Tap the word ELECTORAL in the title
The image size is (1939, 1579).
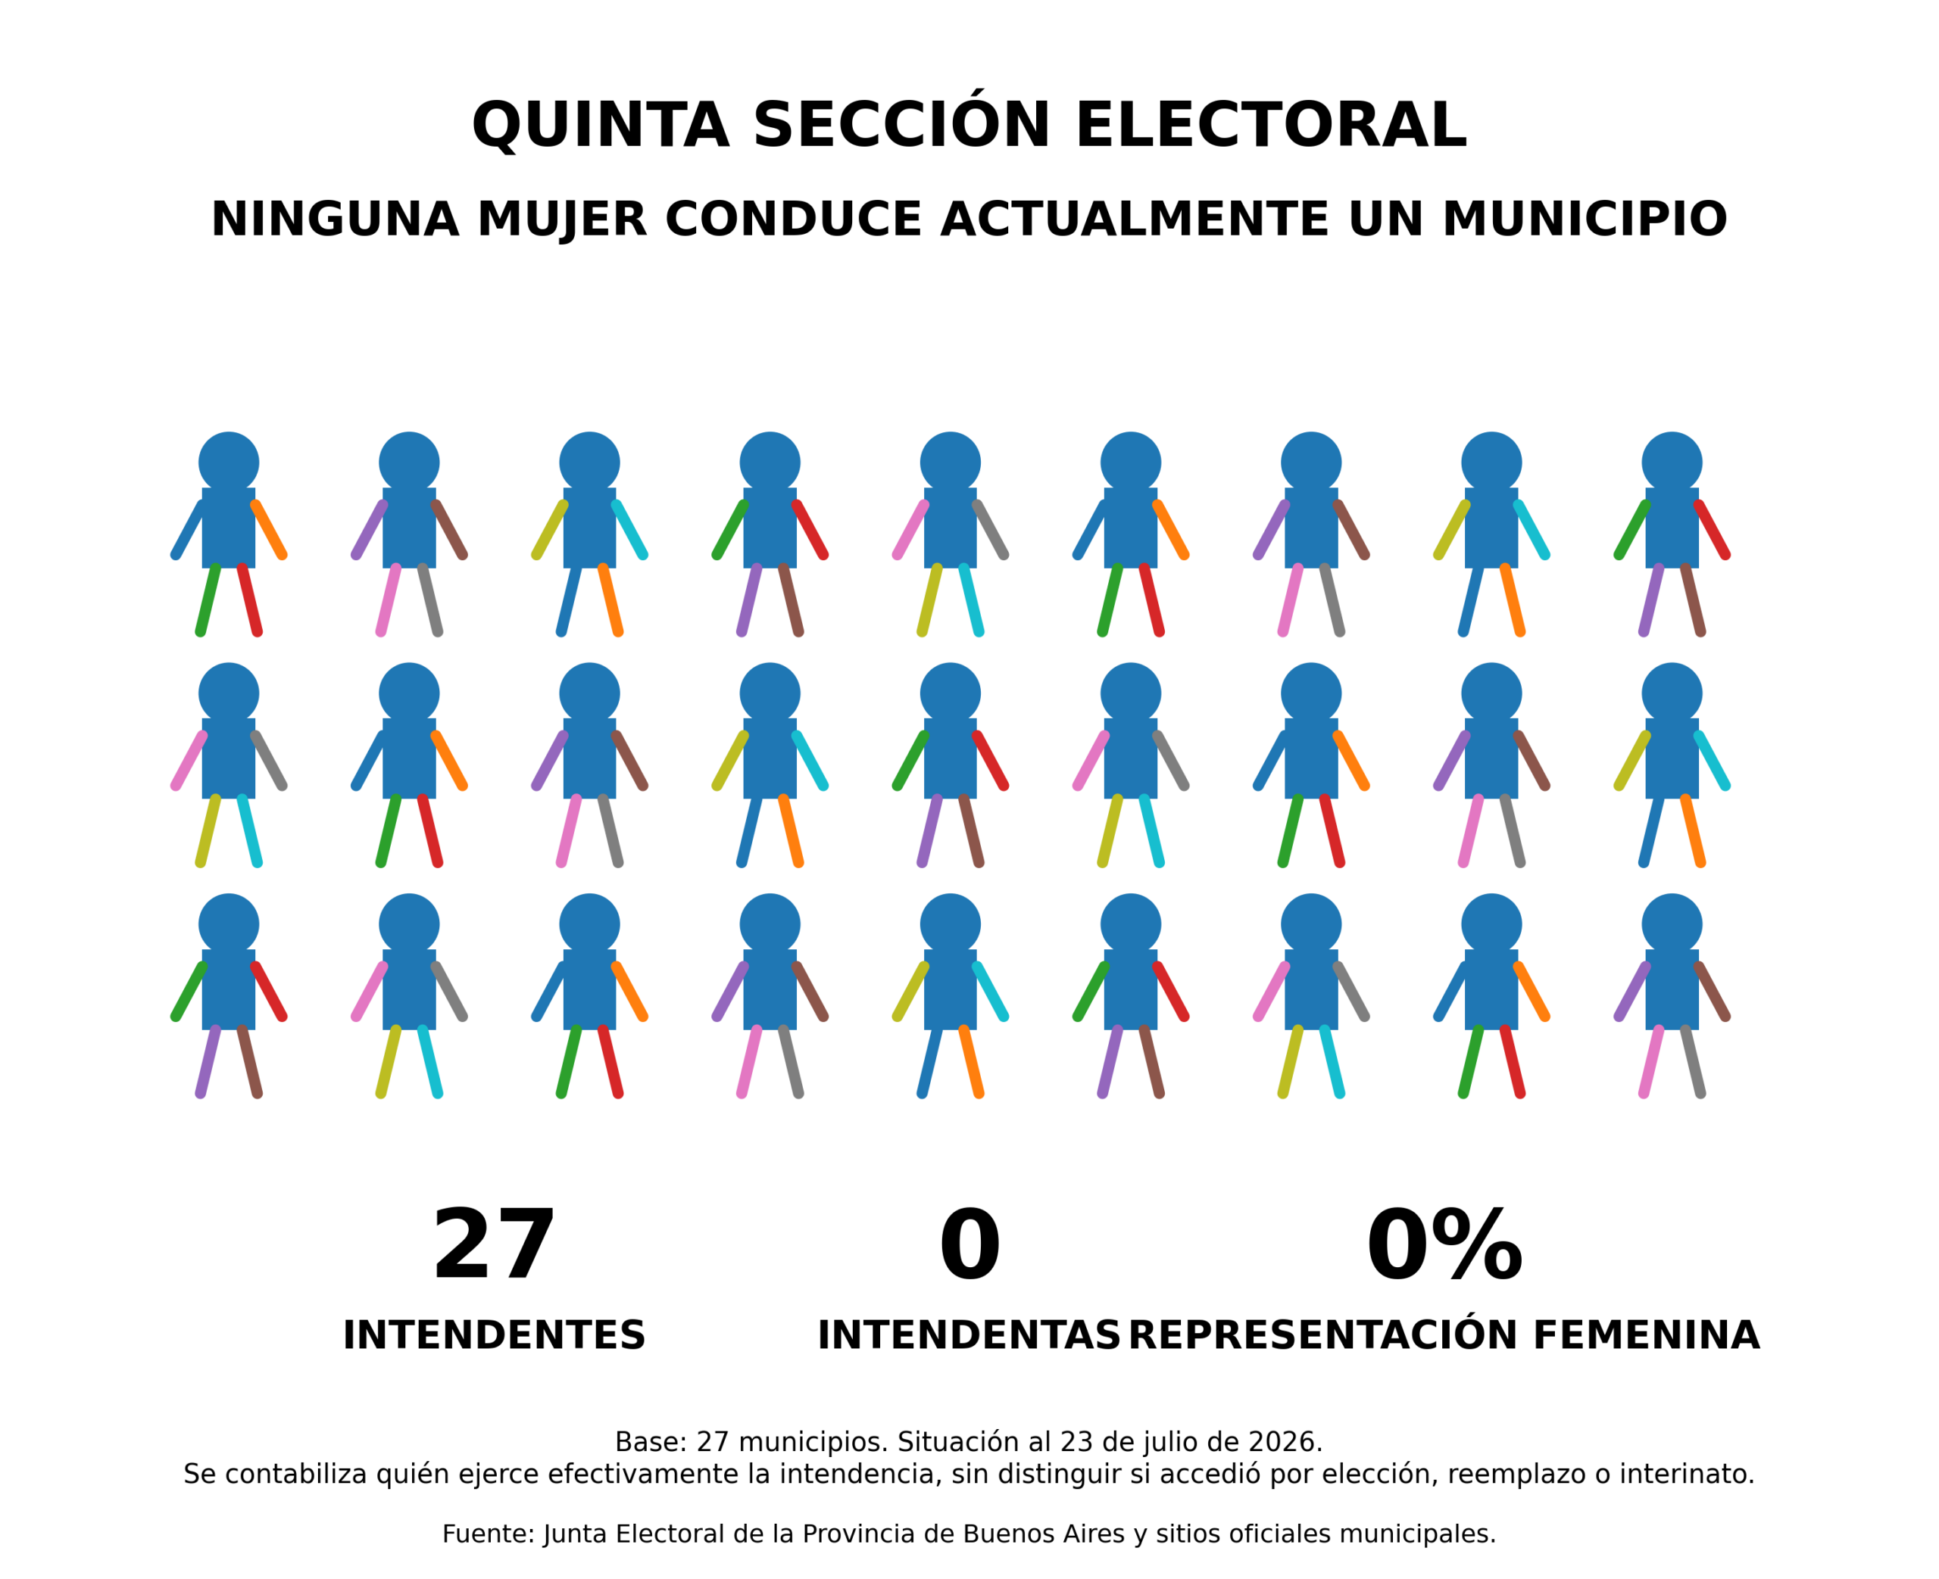[1270, 125]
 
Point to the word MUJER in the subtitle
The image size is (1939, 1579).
[561, 220]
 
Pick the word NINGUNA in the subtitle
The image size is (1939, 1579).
[335, 220]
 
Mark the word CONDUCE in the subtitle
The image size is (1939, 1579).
[794, 220]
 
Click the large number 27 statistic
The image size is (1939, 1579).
[494, 1245]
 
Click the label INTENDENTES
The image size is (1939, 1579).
[494, 1335]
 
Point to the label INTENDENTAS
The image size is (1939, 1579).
[968, 1335]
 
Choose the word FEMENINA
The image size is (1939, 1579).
[1646, 1335]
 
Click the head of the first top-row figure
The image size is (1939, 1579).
[229, 462]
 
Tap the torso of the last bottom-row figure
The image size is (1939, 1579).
[1672, 989]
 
